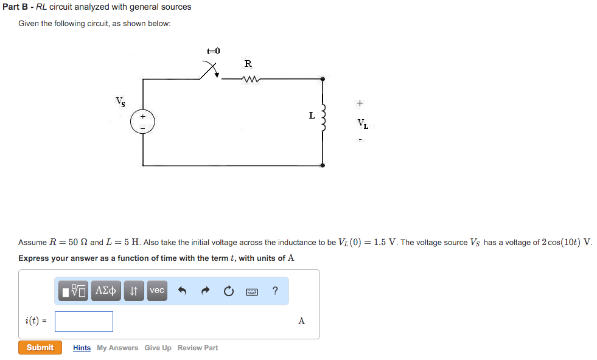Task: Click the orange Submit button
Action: (x=40, y=348)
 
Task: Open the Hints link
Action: (x=82, y=348)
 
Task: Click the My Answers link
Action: (x=117, y=348)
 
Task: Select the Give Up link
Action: (x=158, y=348)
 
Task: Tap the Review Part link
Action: (x=198, y=348)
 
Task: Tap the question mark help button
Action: (x=275, y=291)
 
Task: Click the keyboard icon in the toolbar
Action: (x=252, y=291)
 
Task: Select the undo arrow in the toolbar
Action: (x=181, y=291)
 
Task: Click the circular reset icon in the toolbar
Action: (x=228, y=291)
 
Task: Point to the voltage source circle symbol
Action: (x=143, y=122)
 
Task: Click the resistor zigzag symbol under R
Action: (x=250, y=78)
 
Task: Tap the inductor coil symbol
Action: (x=323, y=117)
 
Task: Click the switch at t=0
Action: (x=211, y=71)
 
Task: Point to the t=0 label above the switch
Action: (x=213, y=52)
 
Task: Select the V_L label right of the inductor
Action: (x=363, y=125)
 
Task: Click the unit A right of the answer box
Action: (x=301, y=321)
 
